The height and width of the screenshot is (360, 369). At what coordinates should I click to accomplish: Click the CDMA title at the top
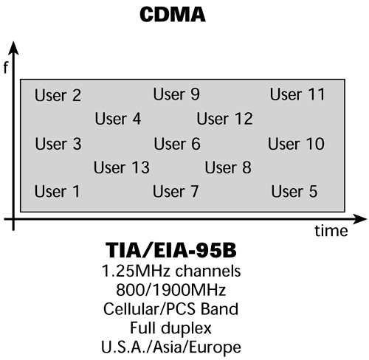(x=184, y=15)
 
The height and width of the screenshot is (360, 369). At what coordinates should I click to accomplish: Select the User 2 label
(x=58, y=95)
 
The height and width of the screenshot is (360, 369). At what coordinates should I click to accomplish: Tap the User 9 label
(x=176, y=94)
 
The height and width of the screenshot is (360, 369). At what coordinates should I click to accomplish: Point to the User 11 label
(x=297, y=94)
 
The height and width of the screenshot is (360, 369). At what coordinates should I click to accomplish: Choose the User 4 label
(x=118, y=119)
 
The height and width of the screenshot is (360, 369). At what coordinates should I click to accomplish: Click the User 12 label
(x=224, y=119)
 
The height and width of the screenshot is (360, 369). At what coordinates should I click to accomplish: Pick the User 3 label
(x=58, y=144)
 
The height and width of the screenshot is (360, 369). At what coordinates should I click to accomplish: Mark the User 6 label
(x=177, y=144)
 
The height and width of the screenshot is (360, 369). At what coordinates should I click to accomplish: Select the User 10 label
(x=296, y=144)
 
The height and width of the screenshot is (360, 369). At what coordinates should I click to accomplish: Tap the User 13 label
(x=122, y=168)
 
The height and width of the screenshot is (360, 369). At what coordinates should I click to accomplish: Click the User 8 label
(x=228, y=168)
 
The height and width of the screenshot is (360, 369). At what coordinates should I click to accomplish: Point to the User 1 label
(x=57, y=192)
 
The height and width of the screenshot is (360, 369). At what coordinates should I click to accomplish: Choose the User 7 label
(x=176, y=192)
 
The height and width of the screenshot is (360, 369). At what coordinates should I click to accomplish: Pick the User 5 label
(x=294, y=192)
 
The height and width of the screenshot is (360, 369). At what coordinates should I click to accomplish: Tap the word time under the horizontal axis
(x=330, y=232)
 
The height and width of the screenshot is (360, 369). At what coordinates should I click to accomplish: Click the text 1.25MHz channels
(x=184, y=271)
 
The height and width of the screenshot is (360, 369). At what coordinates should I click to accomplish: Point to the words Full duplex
(x=184, y=328)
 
